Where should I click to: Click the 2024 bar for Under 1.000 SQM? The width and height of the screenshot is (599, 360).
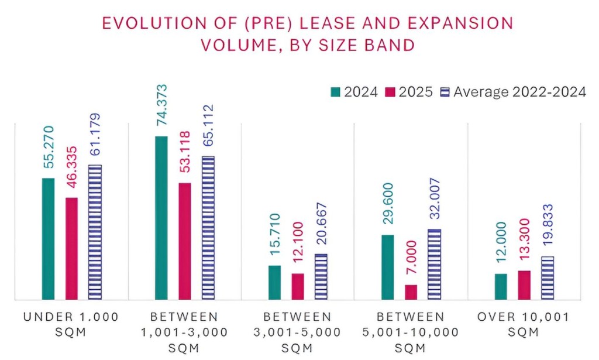(48, 239)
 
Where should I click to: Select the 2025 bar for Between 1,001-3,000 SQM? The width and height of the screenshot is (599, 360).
(185, 241)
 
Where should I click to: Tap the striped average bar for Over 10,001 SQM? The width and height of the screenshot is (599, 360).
(547, 278)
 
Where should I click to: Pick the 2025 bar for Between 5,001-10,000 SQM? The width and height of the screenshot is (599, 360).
(411, 292)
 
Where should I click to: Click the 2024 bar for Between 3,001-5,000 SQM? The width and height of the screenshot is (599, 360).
(274, 283)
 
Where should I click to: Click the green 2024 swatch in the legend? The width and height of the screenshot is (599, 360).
(336, 91)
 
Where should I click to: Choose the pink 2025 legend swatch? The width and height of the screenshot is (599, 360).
(390, 91)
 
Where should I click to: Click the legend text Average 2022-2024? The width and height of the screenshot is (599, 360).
(520, 92)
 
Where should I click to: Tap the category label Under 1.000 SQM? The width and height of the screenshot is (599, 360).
(71, 324)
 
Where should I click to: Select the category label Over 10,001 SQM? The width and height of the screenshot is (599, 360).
(524, 324)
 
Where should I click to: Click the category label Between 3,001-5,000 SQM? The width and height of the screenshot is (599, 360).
(297, 332)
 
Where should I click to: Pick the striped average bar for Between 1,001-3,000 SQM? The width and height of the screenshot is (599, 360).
(208, 228)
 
